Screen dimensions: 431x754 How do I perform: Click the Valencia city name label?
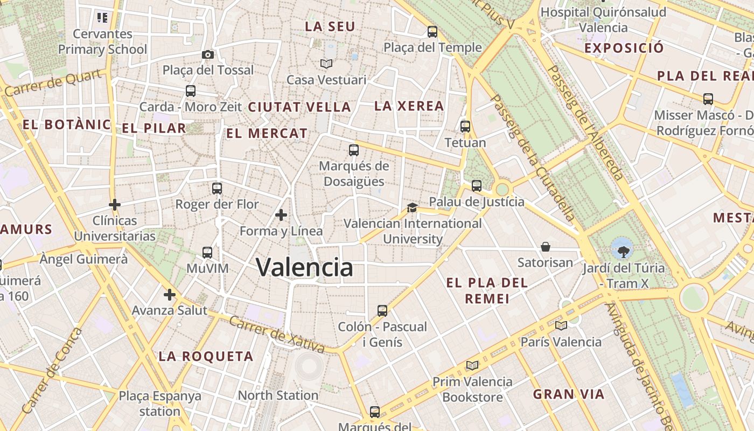[304, 267]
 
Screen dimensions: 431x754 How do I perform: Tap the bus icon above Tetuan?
[465, 127]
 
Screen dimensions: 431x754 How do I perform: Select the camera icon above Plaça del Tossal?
[207, 54]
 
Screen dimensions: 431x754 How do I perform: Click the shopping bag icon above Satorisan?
[546, 247]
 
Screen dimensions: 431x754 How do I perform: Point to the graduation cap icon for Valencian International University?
[412, 207]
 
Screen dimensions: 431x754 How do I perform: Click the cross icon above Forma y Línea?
[281, 215]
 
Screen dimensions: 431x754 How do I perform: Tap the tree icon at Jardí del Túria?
[623, 250]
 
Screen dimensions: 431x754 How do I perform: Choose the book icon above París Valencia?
[561, 325]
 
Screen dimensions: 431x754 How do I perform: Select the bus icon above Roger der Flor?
[217, 189]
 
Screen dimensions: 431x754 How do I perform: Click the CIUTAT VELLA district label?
[299, 107]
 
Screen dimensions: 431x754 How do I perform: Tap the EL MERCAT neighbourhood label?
[267, 133]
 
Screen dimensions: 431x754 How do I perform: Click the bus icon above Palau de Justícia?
[477, 186]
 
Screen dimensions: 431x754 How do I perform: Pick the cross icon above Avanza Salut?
[170, 295]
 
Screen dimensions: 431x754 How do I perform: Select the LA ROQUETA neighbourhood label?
[206, 356]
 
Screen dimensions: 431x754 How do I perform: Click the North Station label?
[278, 395]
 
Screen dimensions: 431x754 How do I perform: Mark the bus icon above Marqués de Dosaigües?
[354, 150]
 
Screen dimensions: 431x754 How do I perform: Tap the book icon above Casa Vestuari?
[326, 64]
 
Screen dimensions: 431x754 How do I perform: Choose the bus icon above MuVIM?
[207, 252]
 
